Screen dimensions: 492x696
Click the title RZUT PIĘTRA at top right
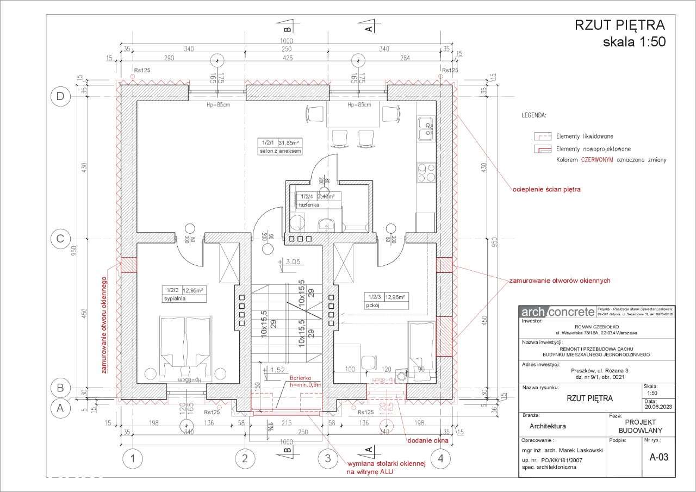(x=620, y=26)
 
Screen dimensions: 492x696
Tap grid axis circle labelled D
(x=59, y=97)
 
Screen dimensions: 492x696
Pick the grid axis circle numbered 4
(x=440, y=459)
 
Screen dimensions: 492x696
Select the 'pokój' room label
(x=373, y=306)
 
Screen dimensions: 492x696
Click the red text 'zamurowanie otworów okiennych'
(x=560, y=281)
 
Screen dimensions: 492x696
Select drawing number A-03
(x=658, y=457)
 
